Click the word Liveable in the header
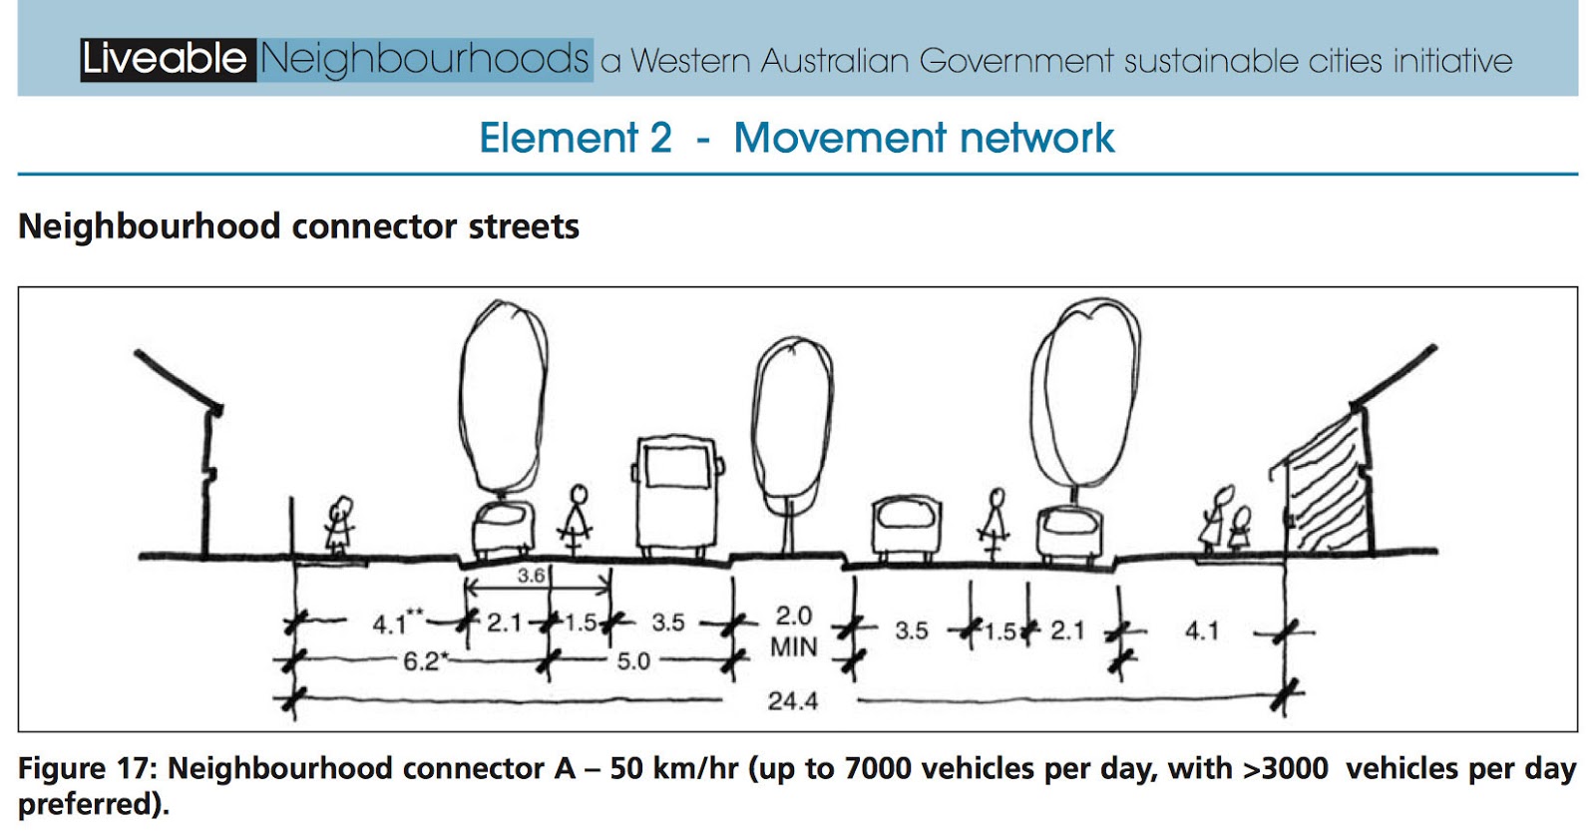pos(166,60)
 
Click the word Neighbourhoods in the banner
pos(425,60)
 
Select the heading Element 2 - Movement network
pos(796,138)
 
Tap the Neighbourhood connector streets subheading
pos(298,226)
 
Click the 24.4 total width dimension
pos(792,701)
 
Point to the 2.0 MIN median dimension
pos(793,630)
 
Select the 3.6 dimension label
pos(531,576)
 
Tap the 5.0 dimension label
pos(633,661)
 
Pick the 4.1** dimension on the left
pos(397,624)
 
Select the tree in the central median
pos(792,424)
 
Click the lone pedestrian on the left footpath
pos(339,525)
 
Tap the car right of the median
pos(906,527)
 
